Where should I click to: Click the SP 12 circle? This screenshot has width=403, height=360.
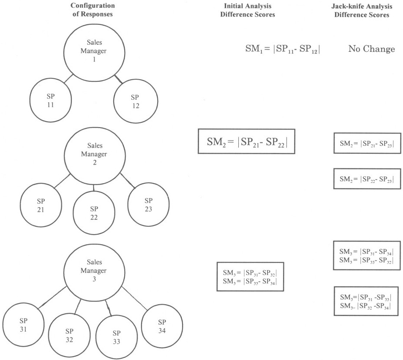(x=135, y=101)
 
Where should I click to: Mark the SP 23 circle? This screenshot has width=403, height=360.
(x=148, y=205)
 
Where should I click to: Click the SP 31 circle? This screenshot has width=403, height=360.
(x=24, y=325)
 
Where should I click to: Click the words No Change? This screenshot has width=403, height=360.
(x=371, y=49)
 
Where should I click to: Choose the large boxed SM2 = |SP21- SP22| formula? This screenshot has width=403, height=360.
(x=246, y=141)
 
